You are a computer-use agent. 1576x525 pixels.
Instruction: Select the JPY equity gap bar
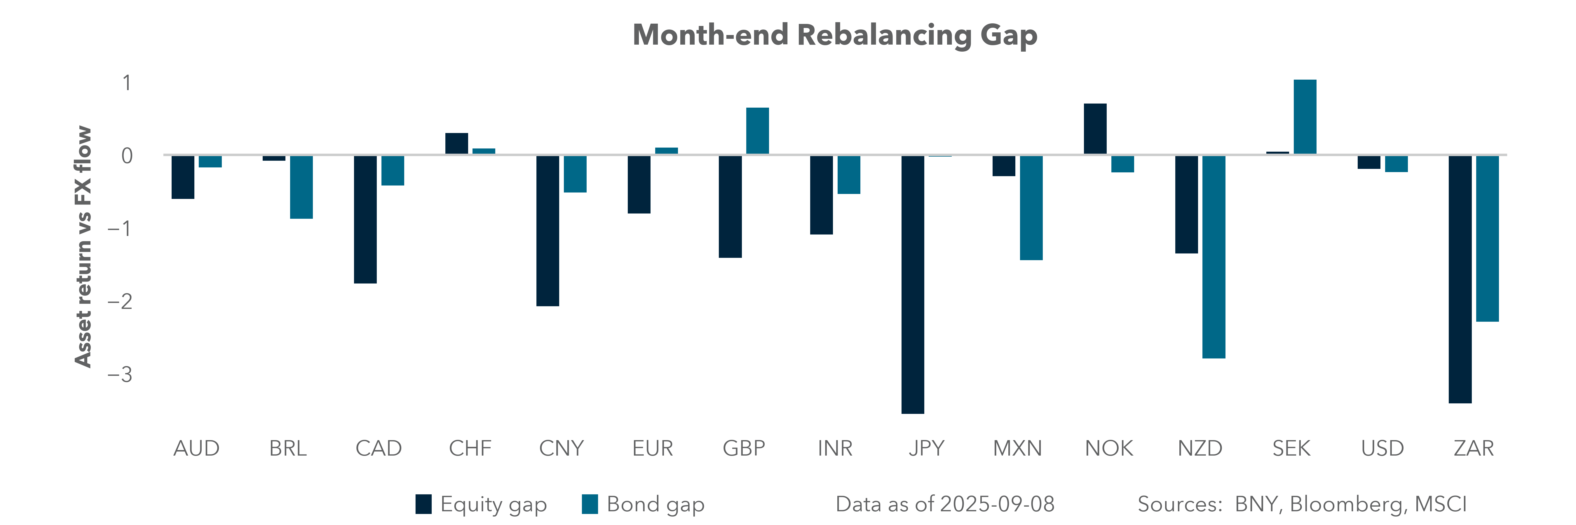[x=913, y=284]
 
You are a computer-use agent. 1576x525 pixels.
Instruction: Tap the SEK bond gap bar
[x=1305, y=117]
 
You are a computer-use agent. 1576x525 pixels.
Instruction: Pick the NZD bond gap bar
[x=1214, y=257]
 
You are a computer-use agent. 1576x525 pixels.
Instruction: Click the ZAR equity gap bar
[x=1460, y=279]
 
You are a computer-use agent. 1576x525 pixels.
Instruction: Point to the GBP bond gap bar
[x=757, y=131]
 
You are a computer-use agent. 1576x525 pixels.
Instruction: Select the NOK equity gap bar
[x=1095, y=129]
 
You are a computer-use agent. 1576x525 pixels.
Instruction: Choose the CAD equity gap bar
[x=365, y=219]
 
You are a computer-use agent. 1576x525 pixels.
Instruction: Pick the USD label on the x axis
[x=1382, y=449]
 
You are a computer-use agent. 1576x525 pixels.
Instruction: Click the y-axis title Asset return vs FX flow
[x=83, y=246]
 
